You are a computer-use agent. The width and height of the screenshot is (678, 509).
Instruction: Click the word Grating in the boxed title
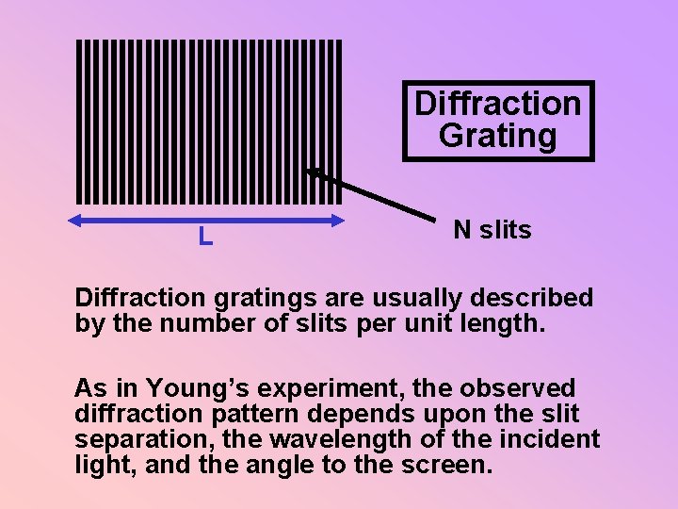coord(498,136)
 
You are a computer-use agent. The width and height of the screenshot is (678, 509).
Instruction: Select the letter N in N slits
coord(462,230)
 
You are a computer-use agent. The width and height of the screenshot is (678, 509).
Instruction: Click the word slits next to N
coord(506,230)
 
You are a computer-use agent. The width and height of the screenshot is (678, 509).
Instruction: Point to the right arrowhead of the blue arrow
coord(338,221)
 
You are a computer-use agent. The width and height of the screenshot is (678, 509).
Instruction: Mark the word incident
coord(551,440)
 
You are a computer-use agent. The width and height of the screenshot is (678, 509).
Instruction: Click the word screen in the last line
coord(447,465)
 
